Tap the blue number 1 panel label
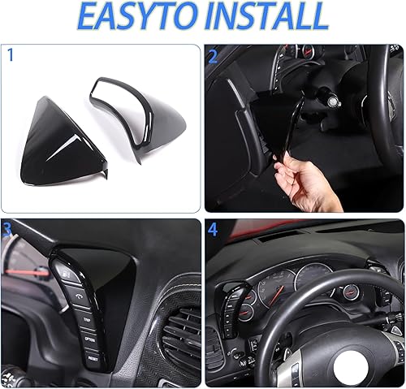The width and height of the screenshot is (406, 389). pyautogui.click(x=11, y=55)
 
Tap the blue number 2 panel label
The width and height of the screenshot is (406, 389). pyautogui.click(x=214, y=57)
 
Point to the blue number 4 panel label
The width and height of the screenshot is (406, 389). pyautogui.click(x=214, y=231)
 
